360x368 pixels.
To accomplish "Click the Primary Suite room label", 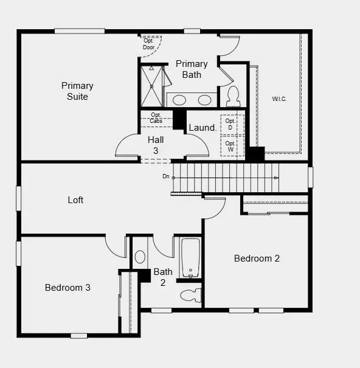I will [x=77, y=91].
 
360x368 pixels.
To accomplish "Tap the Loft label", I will [x=75, y=200].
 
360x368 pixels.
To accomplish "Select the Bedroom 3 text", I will [x=67, y=288].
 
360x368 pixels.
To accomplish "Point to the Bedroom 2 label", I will [x=257, y=259].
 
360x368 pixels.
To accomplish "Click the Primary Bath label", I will [x=192, y=69].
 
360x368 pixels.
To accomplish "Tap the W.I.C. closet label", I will [x=280, y=99].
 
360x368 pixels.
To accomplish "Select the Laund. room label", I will [x=202, y=128].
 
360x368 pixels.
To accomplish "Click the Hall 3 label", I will [x=156, y=145].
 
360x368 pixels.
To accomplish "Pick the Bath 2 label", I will [x=163, y=277].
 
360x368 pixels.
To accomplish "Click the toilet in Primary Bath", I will [x=233, y=95].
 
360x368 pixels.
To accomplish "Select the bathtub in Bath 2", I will [x=190, y=258].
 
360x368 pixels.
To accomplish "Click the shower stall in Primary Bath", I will [x=152, y=86].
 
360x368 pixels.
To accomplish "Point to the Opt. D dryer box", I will [x=231, y=124].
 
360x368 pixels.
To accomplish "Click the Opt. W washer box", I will [x=231, y=146].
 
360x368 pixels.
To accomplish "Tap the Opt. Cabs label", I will [x=156, y=118].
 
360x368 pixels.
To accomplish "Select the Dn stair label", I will [x=165, y=176].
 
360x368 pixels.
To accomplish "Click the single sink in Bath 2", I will [x=140, y=257].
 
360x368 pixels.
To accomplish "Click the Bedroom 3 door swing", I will [x=116, y=246].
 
